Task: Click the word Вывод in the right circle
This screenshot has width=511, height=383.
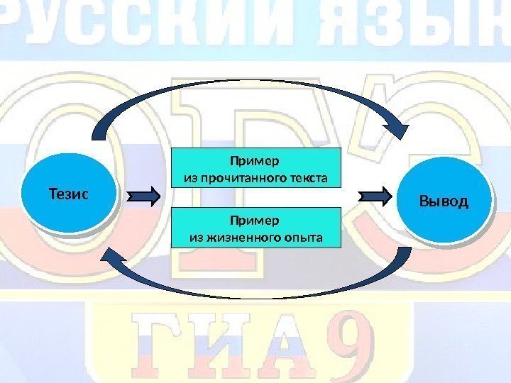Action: point(444,201)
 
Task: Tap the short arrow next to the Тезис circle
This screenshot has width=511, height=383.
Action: point(147,196)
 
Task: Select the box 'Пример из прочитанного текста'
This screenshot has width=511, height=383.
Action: point(256,167)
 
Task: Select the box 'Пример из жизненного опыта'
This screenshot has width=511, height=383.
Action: point(256,227)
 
